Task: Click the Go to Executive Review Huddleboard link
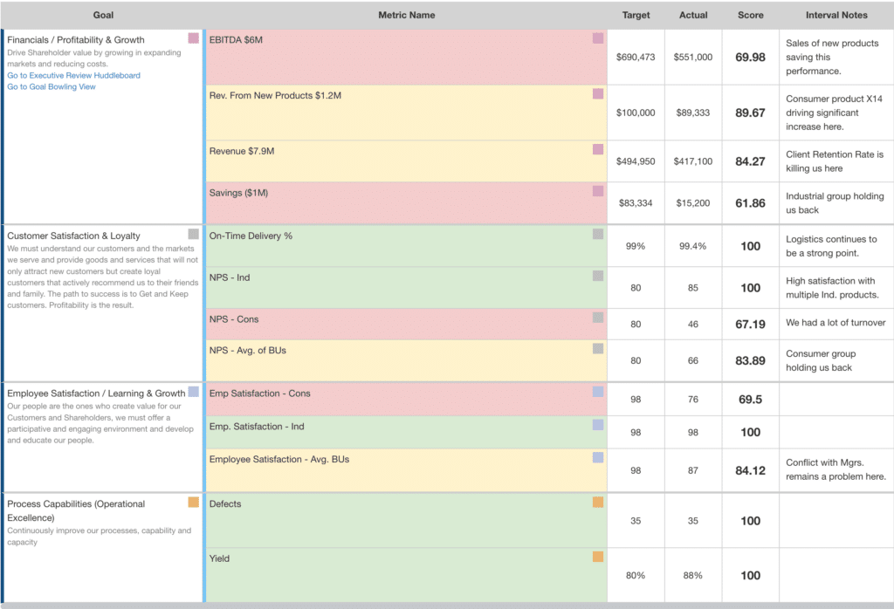(73, 75)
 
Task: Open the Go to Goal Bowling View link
(52, 87)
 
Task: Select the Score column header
(750, 15)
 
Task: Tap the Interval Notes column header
(836, 15)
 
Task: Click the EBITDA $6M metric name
(237, 39)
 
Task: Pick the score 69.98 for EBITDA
(750, 57)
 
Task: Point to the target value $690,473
(635, 57)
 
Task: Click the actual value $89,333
(692, 113)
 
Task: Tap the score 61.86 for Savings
(750, 203)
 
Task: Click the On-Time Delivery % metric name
(251, 236)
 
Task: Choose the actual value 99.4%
(692, 246)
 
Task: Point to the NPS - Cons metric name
(234, 319)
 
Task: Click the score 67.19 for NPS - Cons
(750, 324)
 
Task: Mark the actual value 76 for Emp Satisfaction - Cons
(692, 399)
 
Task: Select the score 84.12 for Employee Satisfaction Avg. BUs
(750, 470)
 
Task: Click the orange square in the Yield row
(598, 557)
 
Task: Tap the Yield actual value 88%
(692, 575)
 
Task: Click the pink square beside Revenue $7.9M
(598, 149)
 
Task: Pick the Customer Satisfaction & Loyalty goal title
(73, 236)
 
